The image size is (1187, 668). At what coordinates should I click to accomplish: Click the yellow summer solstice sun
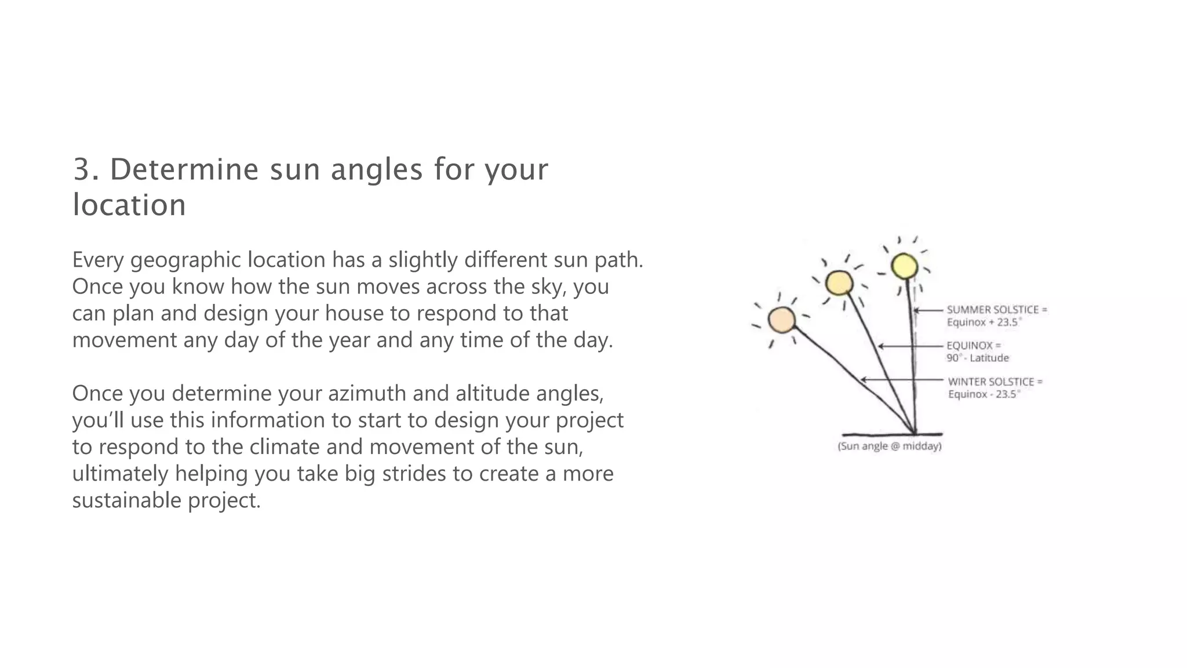904,267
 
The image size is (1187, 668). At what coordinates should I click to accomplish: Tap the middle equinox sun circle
839,284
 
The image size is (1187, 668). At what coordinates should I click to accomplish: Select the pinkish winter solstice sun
782,320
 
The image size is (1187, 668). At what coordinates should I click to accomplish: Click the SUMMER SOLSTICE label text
992,310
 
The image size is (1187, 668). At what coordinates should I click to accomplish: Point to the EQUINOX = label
974,346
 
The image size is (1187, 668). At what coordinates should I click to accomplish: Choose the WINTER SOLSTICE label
991,382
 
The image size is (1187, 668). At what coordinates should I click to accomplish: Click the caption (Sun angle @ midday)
890,446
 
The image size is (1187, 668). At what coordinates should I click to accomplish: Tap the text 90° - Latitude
978,358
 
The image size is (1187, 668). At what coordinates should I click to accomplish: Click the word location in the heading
129,205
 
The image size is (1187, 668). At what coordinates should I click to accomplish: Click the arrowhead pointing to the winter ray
864,380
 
